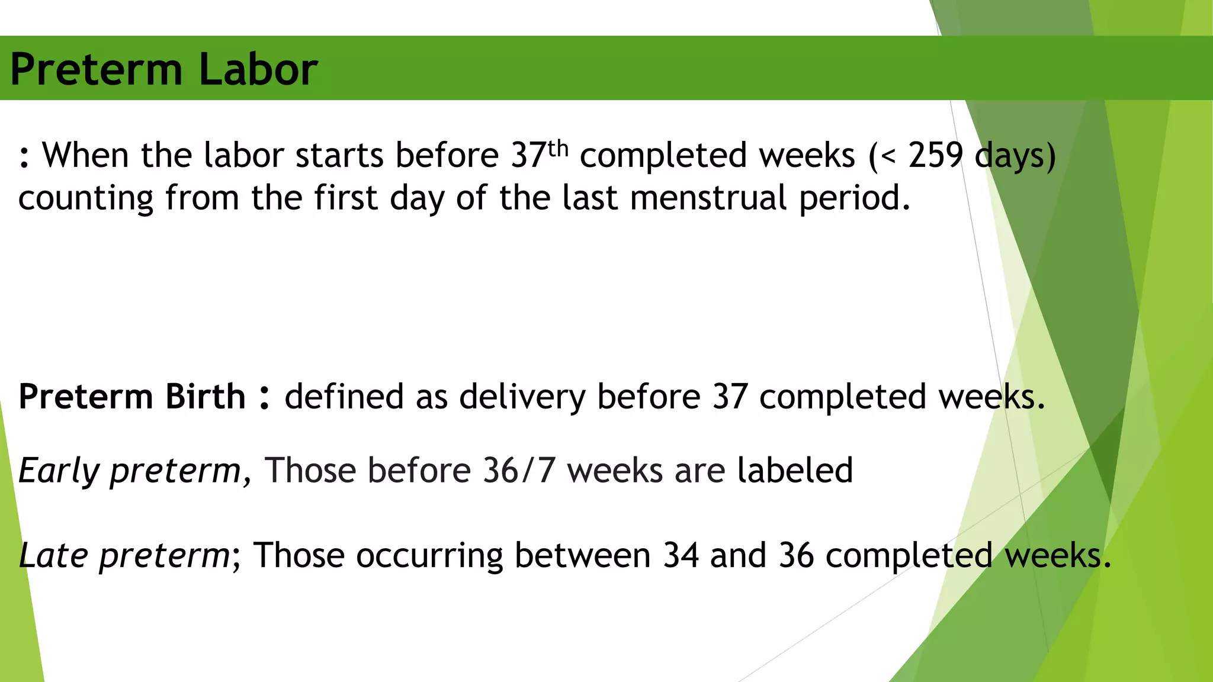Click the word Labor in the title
258,69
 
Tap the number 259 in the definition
936,156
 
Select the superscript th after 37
558,148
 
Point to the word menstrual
708,198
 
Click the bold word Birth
205,396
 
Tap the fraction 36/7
519,471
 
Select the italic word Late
54,556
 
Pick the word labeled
795,471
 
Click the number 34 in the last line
681,556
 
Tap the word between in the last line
582,556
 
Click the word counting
86,199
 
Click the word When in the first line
85,156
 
